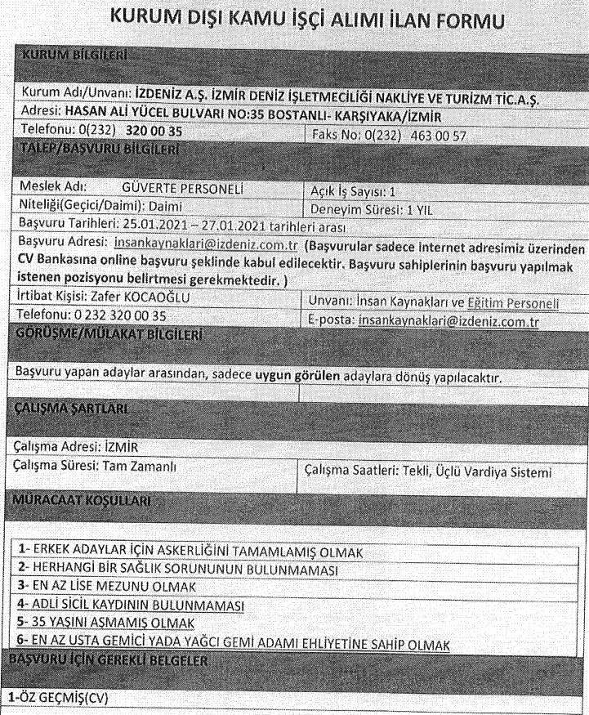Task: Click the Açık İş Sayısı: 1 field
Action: click(x=348, y=192)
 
